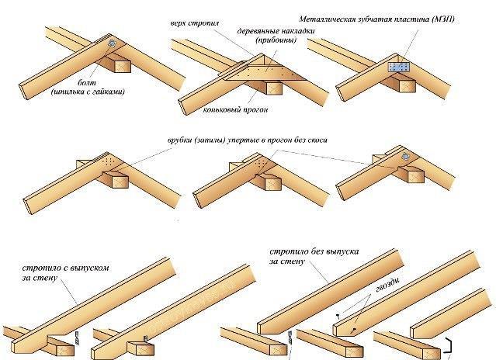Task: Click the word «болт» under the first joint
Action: (87, 83)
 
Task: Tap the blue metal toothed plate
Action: (398, 67)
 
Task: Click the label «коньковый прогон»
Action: (235, 109)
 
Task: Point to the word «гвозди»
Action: (387, 285)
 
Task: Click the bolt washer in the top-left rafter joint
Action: (113, 43)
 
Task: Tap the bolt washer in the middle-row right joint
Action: (405, 157)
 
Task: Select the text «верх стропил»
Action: (195, 23)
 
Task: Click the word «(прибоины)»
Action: (276, 40)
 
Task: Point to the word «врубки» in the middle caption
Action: (179, 140)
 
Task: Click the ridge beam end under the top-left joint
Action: (123, 67)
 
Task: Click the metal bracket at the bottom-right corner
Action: (448, 345)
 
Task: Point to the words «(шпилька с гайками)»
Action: (88, 92)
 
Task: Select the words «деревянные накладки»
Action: (276, 31)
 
